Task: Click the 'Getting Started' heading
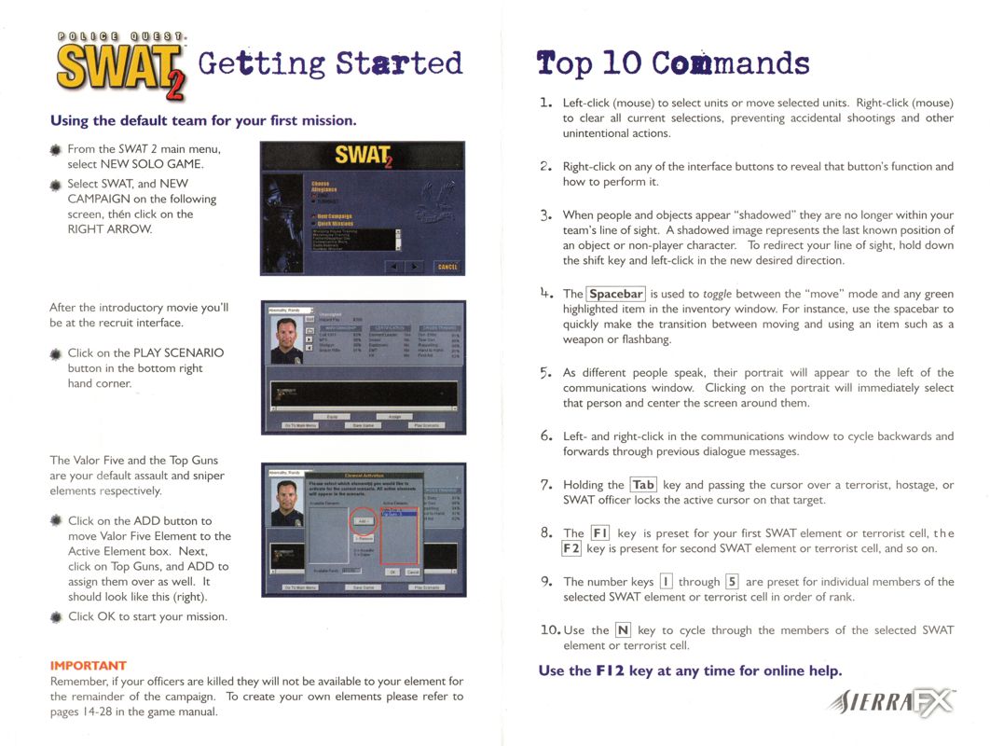[330, 62]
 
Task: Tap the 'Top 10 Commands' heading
[673, 62]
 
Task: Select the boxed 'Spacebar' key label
[615, 294]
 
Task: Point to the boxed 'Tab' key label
[643, 485]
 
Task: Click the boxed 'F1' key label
[600, 533]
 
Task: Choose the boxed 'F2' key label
[571, 548]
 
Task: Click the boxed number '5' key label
[732, 582]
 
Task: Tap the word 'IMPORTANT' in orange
[88, 666]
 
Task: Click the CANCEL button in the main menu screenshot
[447, 267]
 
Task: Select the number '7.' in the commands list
[547, 485]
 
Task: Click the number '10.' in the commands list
[550, 630]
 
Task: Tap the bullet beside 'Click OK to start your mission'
[56, 616]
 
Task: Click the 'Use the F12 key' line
[690, 670]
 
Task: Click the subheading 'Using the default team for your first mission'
[203, 120]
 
